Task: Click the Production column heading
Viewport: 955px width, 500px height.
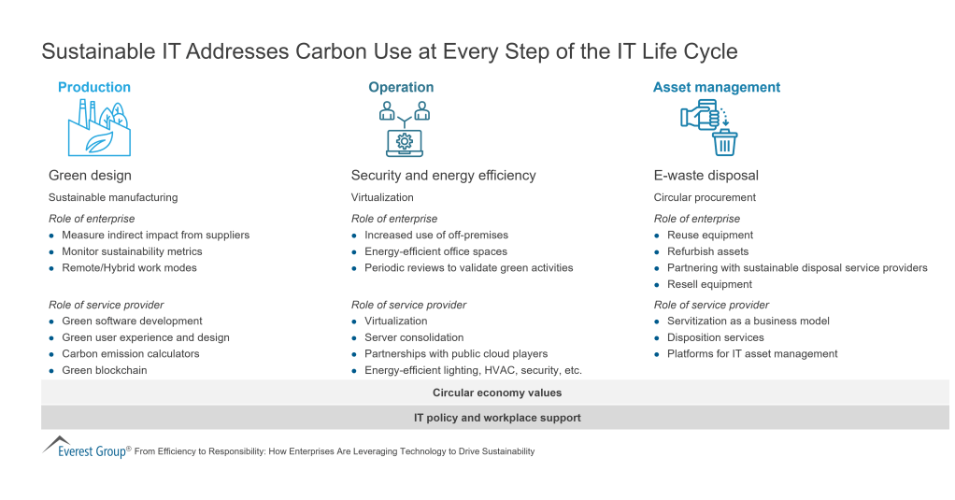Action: [93, 87]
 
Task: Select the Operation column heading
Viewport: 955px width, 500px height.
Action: [401, 87]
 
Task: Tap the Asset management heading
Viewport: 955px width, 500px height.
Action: [716, 87]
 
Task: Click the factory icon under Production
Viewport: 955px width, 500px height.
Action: [98, 128]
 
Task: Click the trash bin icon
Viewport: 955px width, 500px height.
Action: [724, 143]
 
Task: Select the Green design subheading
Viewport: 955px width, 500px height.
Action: [90, 175]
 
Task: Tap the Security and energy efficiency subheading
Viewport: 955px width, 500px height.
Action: [443, 175]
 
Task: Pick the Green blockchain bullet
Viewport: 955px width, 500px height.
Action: [104, 370]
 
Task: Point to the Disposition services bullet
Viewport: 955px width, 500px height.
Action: [715, 337]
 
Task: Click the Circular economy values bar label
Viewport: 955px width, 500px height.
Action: [496, 393]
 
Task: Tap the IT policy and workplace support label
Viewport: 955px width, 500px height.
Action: [496, 418]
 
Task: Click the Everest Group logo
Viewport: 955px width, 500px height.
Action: [85, 448]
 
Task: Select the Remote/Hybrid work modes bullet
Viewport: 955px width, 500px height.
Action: [129, 267]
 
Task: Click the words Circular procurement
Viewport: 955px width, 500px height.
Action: [705, 197]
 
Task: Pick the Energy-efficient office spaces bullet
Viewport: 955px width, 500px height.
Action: [435, 251]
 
